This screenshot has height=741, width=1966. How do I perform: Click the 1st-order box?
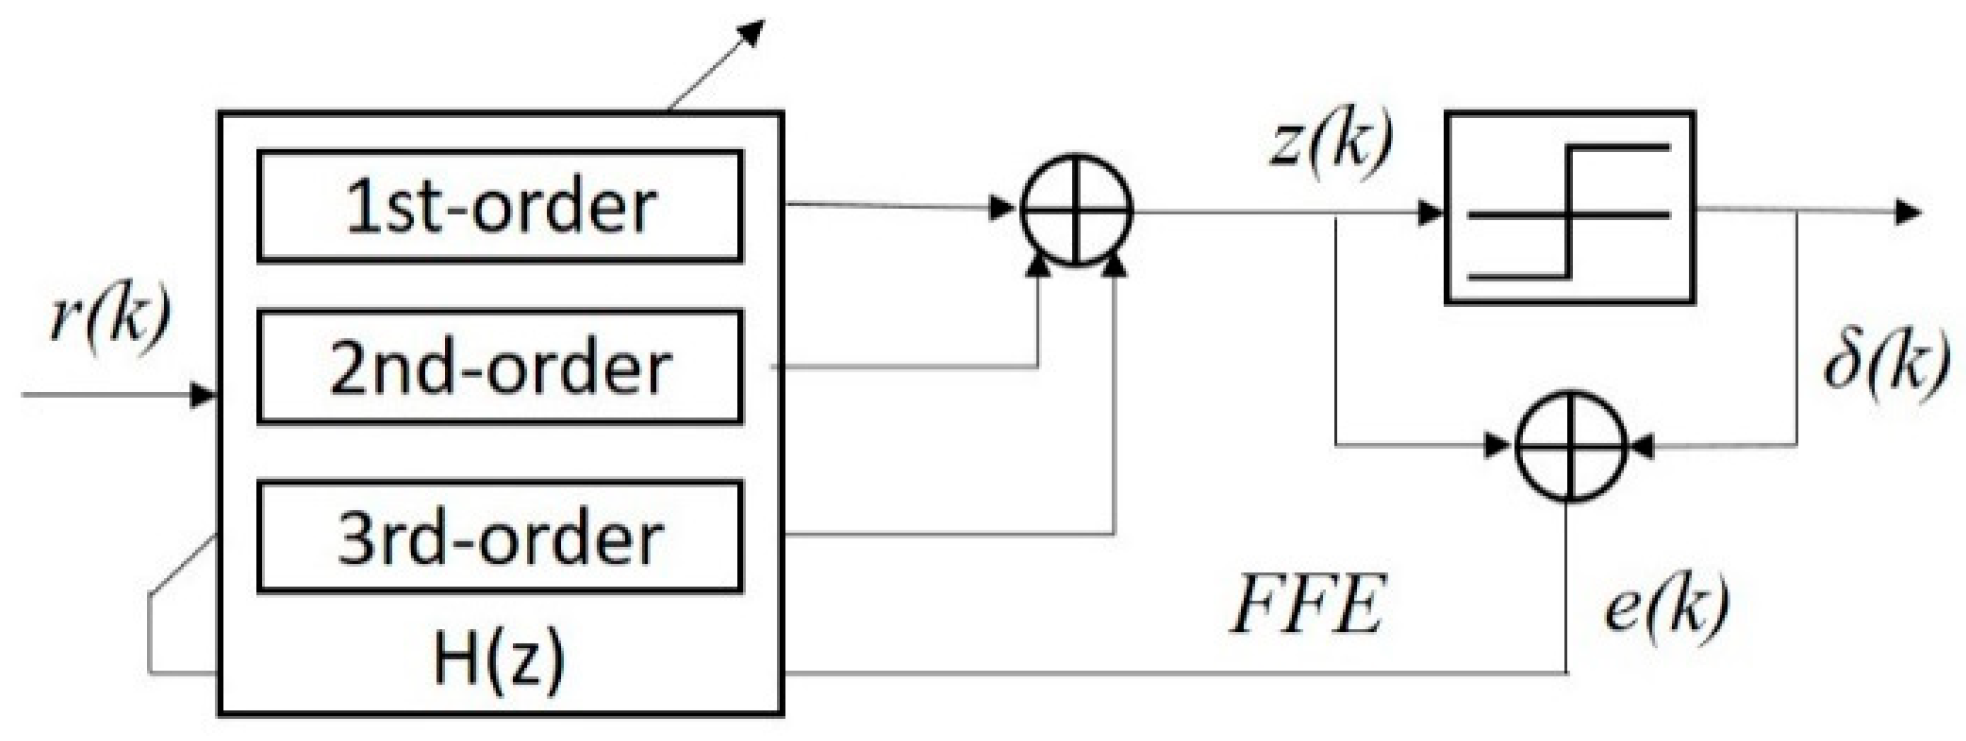click(500, 206)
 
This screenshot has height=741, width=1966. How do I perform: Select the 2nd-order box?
click(500, 367)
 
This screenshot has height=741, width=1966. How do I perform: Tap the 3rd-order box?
click(500, 537)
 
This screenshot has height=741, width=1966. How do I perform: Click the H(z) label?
click(499, 659)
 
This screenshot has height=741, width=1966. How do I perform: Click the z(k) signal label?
click(1333, 144)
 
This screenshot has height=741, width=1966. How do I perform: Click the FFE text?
click(1306, 606)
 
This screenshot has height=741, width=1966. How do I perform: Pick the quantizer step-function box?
click(1568, 208)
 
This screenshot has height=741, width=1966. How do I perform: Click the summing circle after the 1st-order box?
click(1076, 210)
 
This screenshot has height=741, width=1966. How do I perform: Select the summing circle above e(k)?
click(1569, 446)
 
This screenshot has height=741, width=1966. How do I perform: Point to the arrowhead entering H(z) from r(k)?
click(204, 395)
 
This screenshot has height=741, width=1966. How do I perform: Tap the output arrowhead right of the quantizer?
click(1909, 212)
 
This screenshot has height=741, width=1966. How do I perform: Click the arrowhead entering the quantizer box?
click(1431, 212)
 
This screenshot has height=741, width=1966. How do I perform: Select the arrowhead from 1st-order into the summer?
click(1002, 209)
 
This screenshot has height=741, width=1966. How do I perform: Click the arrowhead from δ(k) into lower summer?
click(1641, 447)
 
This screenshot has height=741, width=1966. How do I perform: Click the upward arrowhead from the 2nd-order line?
click(1038, 264)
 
